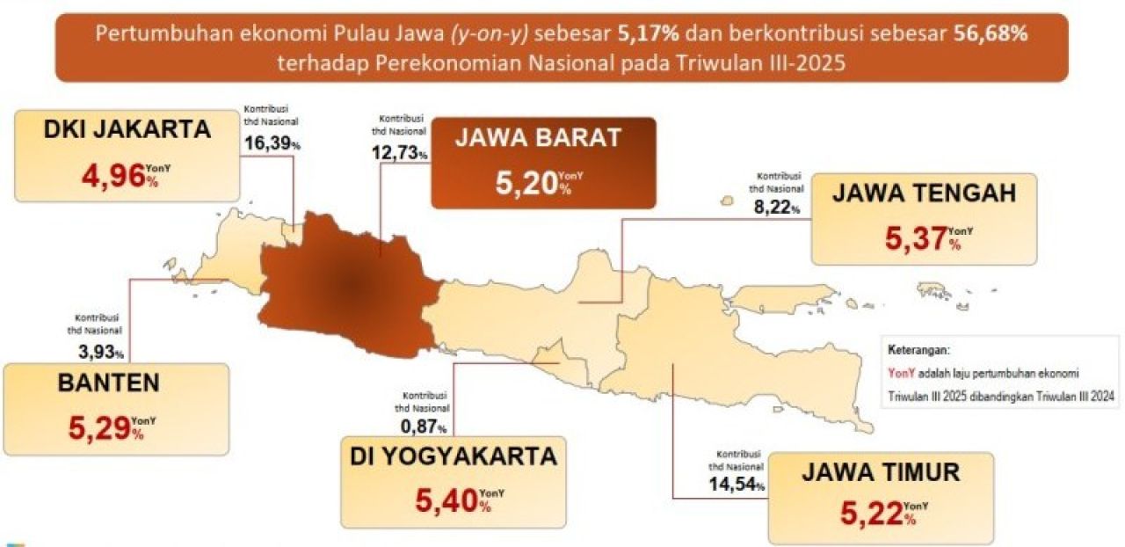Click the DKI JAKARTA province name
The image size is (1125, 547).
(127, 129)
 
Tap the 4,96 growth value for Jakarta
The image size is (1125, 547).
(112, 176)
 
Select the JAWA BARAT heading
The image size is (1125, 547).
(538, 137)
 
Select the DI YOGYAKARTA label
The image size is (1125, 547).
(454, 456)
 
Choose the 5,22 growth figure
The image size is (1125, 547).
(870, 512)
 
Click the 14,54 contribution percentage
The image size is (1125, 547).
(733, 484)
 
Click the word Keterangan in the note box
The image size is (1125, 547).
(918, 349)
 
